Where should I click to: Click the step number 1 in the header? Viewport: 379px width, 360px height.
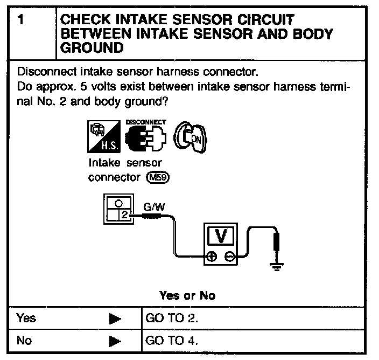pyautogui.click(x=20, y=21)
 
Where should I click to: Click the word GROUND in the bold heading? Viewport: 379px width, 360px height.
pyautogui.click(x=93, y=47)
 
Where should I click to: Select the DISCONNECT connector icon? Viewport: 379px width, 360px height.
pyautogui.click(x=145, y=136)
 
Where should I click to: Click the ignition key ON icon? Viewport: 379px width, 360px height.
pyautogui.click(x=192, y=136)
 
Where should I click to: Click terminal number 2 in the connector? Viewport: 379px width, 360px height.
pyautogui.click(x=124, y=216)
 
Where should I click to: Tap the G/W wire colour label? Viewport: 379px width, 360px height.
pyautogui.click(x=151, y=206)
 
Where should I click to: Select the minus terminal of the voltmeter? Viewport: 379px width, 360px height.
pyautogui.click(x=230, y=258)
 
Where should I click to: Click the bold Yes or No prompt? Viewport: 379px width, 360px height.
pyautogui.click(x=187, y=296)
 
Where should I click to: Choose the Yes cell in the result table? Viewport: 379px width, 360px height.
pyautogui.click(x=27, y=317)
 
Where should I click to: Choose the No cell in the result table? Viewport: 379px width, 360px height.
pyautogui.click(x=25, y=340)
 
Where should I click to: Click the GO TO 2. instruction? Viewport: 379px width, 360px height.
pyautogui.click(x=172, y=317)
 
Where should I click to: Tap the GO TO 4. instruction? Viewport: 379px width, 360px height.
pyautogui.click(x=172, y=340)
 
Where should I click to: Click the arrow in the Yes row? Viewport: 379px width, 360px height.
pyautogui.click(x=114, y=318)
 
